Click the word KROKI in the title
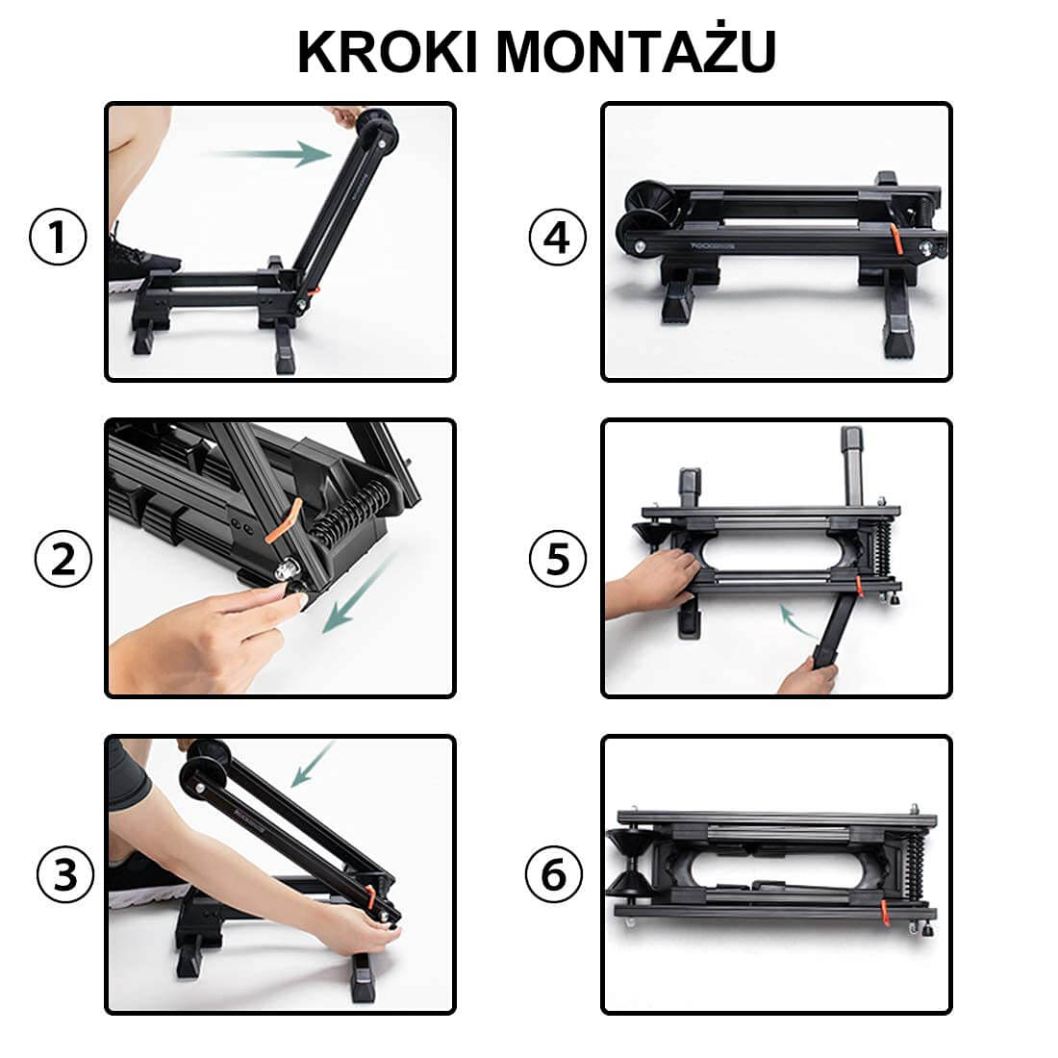[x=388, y=52]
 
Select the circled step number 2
[x=63, y=559]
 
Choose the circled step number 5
[x=558, y=559]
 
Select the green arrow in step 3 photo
[x=312, y=765]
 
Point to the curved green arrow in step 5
[x=799, y=621]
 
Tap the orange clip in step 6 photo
[x=887, y=910]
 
